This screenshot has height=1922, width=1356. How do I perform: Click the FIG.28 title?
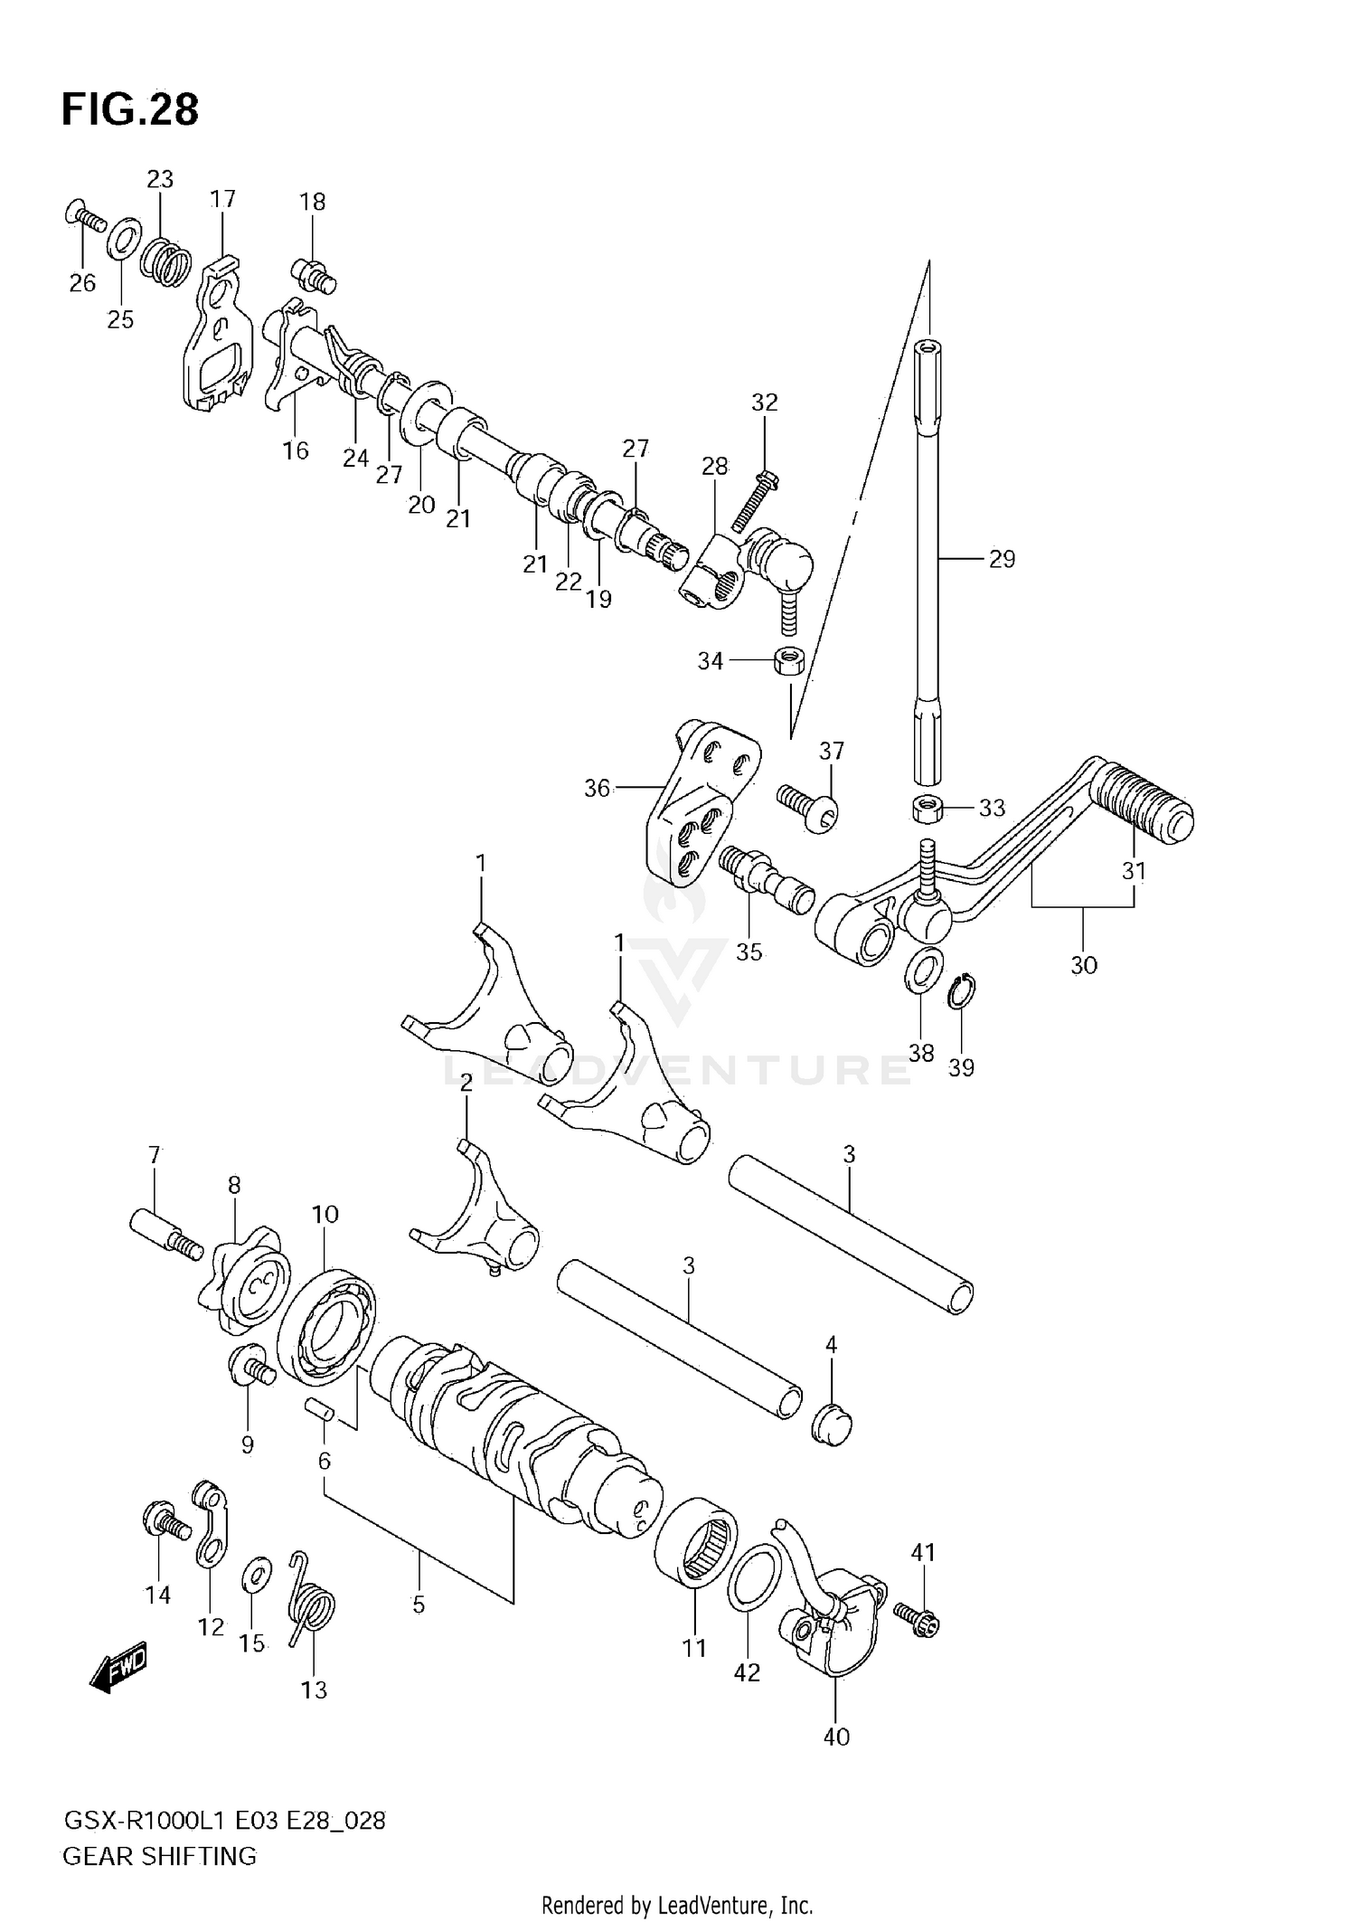pos(130,109)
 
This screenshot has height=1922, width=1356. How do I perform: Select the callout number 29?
pos(1002,559)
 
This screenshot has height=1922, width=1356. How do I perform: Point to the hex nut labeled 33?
pos(928,807)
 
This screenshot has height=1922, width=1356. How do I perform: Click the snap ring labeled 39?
pos(963,992)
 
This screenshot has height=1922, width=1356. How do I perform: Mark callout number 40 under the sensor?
pos(836,1736)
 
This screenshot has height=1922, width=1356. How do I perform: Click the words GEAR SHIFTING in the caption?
pos(160,1856)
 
